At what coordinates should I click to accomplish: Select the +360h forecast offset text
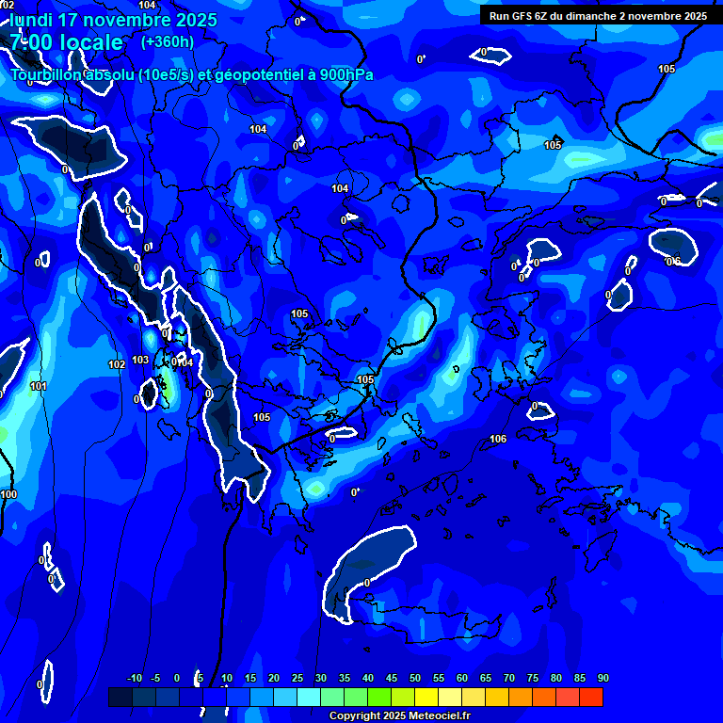(x=168, y=41)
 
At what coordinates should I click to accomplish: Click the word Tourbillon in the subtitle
(x=47, y=75)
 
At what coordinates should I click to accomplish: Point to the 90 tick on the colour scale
(x=602, y=679)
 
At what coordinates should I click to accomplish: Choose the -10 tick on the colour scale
(x=134, y=679)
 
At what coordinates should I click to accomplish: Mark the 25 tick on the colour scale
(x=297, y=679)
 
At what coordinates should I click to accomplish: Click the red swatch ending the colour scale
(x=590, y=697)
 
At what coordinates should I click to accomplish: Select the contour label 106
(x=498, y=440)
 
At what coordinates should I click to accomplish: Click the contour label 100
(x=8, y=494)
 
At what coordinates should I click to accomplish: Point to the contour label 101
(x=39, y=387)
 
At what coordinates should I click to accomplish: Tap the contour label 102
(x=117, y=364)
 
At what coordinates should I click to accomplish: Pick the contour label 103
(x=140, y=360)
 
